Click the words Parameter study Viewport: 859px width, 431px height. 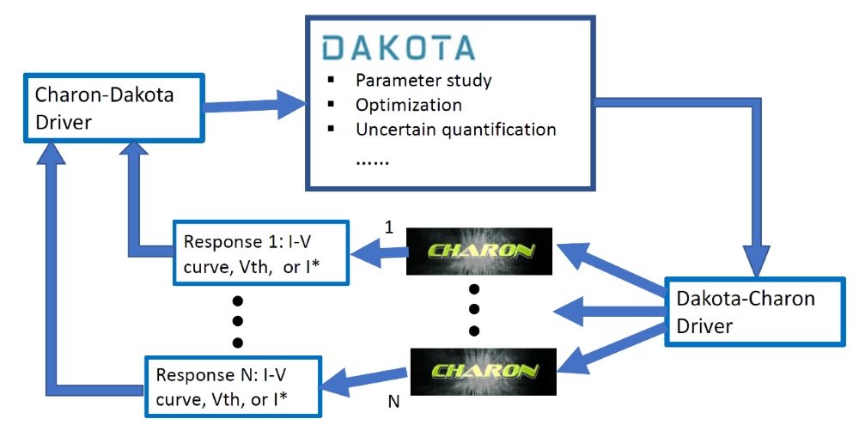click(x=423, y=82)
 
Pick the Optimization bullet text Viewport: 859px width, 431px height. click(x=408, y=106)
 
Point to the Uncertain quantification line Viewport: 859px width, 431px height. click(x=455, y=130)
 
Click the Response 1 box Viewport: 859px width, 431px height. click(x=261, y=253)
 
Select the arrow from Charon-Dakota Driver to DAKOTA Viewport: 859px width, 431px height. click(x=258, y=107)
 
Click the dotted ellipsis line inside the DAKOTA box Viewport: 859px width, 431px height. click(x=371, y=161)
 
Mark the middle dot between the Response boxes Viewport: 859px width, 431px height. click(x=239, y=321)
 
